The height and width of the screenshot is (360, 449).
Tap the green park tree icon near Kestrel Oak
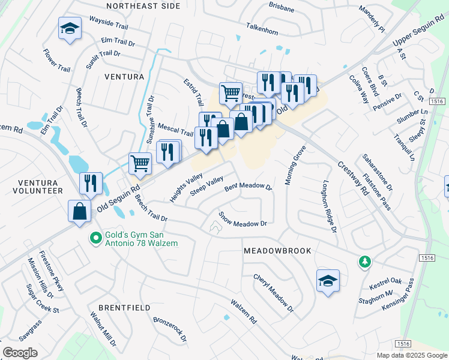click(364, 262)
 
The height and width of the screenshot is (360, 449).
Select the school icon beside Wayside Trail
click(70, 29)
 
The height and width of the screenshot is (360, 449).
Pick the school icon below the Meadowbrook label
click(328, 281)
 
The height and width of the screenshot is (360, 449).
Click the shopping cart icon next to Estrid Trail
click(231, 94)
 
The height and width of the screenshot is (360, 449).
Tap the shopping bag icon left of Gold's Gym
click(80, 211)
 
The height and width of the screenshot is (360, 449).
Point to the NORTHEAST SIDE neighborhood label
click(143, 6)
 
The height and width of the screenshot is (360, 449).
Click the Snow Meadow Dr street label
click(243, 219)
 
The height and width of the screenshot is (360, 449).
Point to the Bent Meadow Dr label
click(249, 187)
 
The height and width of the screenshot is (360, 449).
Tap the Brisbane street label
click(282, 10)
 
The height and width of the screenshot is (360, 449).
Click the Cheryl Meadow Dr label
click(273, 293)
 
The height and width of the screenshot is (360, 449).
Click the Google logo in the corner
click(20, 352)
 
